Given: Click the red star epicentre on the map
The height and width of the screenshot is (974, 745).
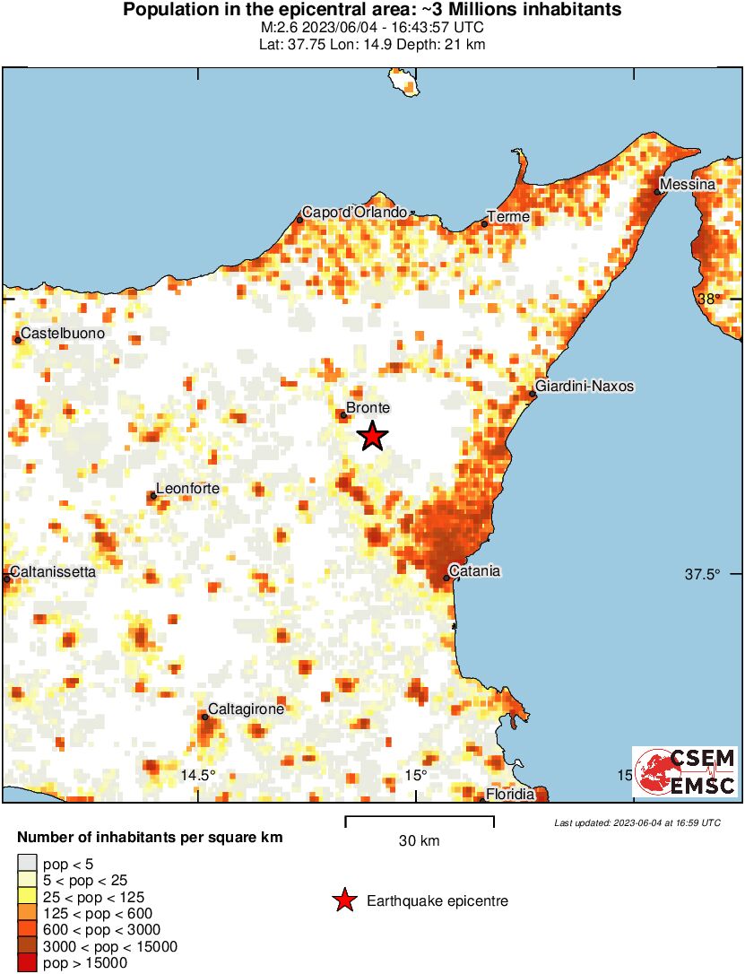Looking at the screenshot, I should pyautogui.click(x=373, y=437).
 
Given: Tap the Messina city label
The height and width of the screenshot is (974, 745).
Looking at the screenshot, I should pyautogui.click(x=687, y=185).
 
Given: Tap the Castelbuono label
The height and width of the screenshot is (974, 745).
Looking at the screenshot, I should pyautogui.click(x=62, y=334).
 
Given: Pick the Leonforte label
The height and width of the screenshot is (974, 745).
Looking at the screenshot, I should pyautogui.click(x=187, y=490).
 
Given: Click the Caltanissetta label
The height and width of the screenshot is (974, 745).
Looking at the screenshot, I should pyautogui.click(x=52, y=571).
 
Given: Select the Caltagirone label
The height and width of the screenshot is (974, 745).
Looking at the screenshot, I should pyautogui.click(x=246, y=709).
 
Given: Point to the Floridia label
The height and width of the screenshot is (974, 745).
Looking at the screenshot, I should pyautogui.click(x=510, y=795).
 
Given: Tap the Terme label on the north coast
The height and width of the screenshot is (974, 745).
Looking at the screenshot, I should pyautogui.click(x=508, y=217).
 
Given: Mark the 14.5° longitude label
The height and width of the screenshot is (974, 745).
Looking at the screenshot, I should pyautogui.click(x=199, y=775).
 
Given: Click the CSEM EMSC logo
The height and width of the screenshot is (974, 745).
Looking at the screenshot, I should pyautogui.click(x=686, y=771).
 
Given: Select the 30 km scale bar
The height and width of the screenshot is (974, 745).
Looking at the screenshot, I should pyautogui.click(x=419, y=820).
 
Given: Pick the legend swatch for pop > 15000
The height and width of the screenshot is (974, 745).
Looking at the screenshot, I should pyautogui.click(x=27, y=963).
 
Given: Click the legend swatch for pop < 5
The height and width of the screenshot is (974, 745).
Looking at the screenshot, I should pyautogui.click(x=27, y=865).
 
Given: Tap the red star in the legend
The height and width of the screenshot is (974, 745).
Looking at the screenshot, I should pyautogui.click(x=343, y=901).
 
